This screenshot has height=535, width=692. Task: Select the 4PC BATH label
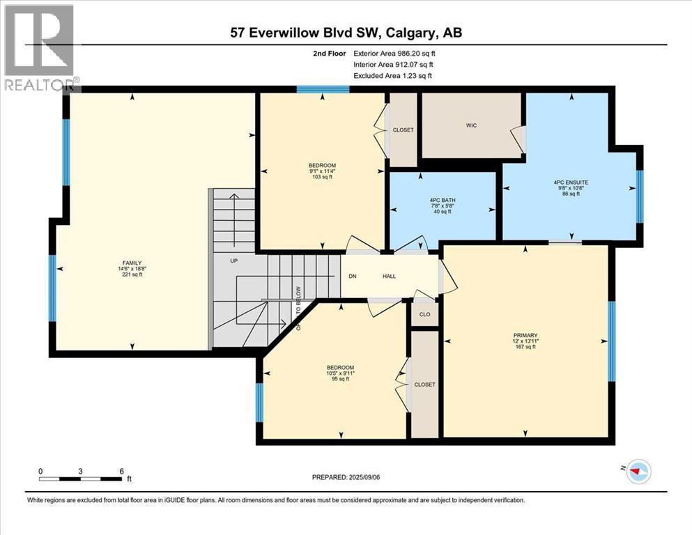[442, 199]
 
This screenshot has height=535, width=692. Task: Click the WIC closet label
[471, 125]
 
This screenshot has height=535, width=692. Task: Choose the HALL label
[389, 276]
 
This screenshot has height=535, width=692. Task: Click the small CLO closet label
[424, 313]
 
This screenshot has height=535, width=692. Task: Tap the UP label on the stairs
[235, 261]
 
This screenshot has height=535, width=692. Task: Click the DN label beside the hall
[353, 276]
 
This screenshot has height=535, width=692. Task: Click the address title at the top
[345, 32]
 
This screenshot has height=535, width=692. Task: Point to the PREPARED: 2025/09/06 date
[346, 477]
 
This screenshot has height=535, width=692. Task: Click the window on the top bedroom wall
[322, 89]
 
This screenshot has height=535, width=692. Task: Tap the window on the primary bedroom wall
[612, 341]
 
